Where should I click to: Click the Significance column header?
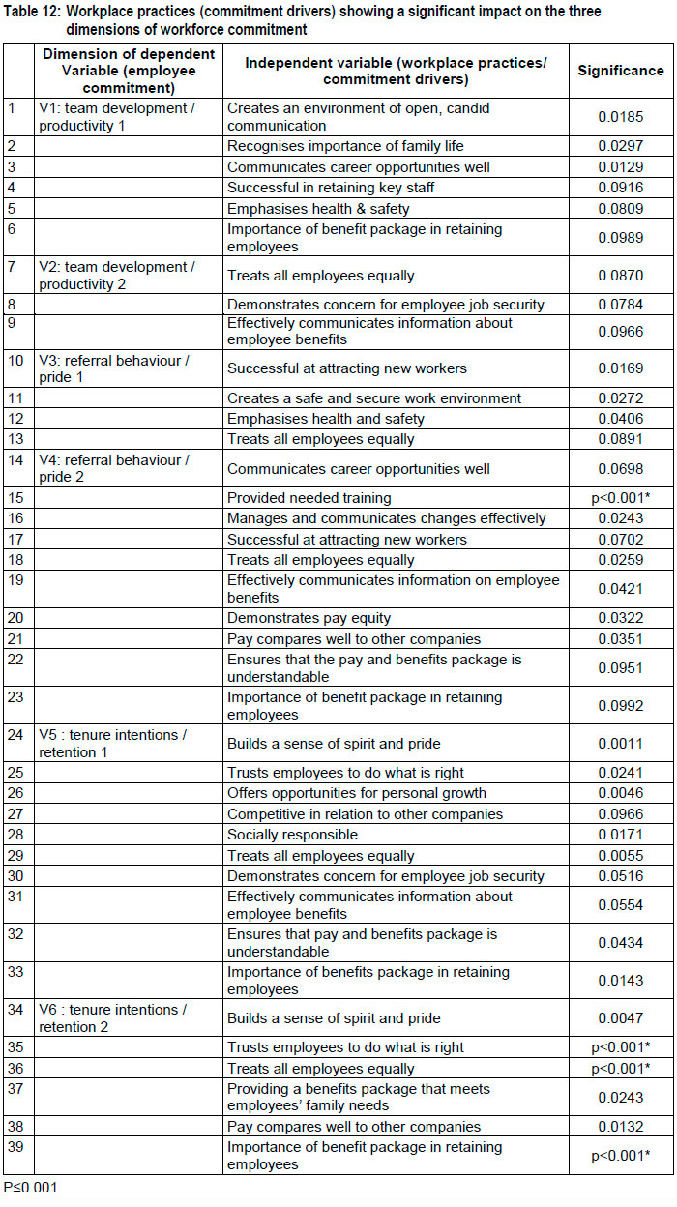coord(621,71)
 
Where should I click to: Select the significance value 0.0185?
coord(621,117)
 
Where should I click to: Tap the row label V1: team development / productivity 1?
coord(116,117)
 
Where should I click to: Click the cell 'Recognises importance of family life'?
coord(345,146)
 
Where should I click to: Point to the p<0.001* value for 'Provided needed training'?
coord(621,498)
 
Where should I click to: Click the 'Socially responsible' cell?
coord(292,835)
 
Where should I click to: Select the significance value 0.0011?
coord(621,744)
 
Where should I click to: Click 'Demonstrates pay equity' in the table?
coord(309,619)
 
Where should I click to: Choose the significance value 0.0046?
coord(621,794)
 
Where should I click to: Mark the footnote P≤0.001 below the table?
coord(30,1188)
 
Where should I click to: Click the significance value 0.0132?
coord(621,1127)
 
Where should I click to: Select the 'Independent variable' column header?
coord(396,71)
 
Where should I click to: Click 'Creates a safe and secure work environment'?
coord(374,398)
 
